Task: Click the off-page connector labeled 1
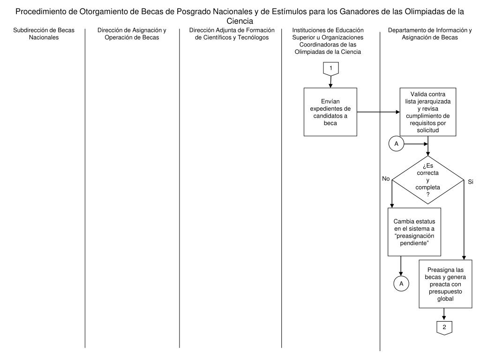(x=331, y=68)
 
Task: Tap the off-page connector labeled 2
(x=444, y=328)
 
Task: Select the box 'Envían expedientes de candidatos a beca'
(x=330, y=112)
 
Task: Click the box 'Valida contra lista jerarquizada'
(x=428, y=112)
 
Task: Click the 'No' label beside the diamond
(x=386, y=178)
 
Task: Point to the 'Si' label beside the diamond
(x=471, y=181)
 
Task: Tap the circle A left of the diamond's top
(x=396, y=144)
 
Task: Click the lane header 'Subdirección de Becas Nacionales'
(x=44, y=34)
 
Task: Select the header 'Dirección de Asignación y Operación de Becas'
(x=132, y=34)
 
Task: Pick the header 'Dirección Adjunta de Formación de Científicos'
(x=232, y=34)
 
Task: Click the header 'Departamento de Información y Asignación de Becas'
(x=430, y=34)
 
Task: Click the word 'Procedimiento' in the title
(x=45, y=12)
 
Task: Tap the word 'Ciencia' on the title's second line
(x=240, y=21)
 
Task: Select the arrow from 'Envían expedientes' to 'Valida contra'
(x=378, y=112)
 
